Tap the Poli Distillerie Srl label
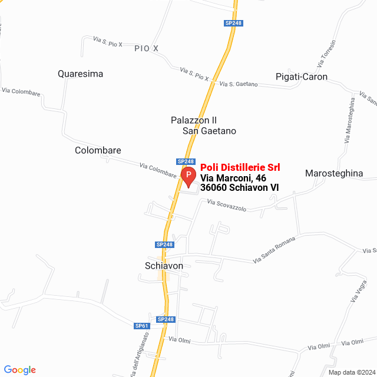(x=240, y=167)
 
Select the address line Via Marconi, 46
(x=233, y=178)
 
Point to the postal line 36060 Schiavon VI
(x=239, y=188)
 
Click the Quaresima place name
(x=81, y=74)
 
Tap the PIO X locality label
(x=147, y=48)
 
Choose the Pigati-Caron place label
(x=302, y=77)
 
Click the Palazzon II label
(x=194, y=120)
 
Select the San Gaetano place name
(x=209, y=131)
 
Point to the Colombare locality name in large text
(x=98, y=150)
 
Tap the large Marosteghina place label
(x=334, y=173)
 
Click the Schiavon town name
(x=164, y=266)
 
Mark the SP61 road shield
(x=142, y=326)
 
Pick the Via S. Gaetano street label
(x=239, y=84)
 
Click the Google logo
(x=19, y=370)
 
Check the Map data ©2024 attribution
(x=350, y=372)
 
